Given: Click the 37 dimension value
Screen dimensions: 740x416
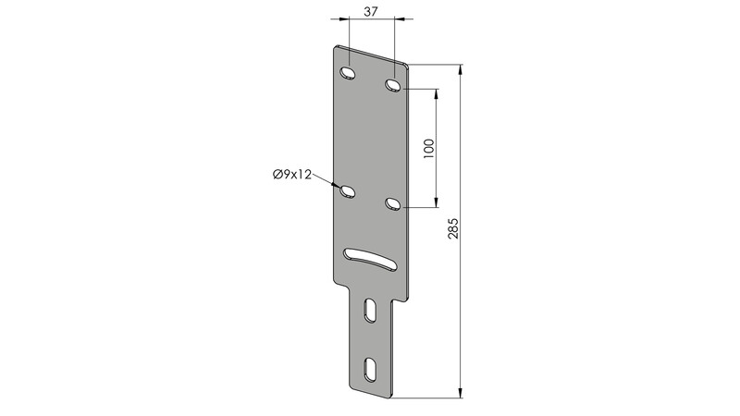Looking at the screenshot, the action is [371, 11].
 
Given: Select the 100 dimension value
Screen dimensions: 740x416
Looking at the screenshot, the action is [428, 148].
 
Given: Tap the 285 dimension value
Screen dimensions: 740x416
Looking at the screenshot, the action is [453, 227].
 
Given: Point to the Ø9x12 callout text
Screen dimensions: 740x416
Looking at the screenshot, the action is [292, 175].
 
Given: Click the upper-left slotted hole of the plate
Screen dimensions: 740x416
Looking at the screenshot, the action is [348, 74].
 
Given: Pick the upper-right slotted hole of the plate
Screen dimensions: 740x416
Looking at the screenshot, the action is [392, 85].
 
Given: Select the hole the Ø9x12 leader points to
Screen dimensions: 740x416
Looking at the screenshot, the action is [348, 192].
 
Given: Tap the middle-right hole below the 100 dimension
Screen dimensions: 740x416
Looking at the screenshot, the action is [392, 203].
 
